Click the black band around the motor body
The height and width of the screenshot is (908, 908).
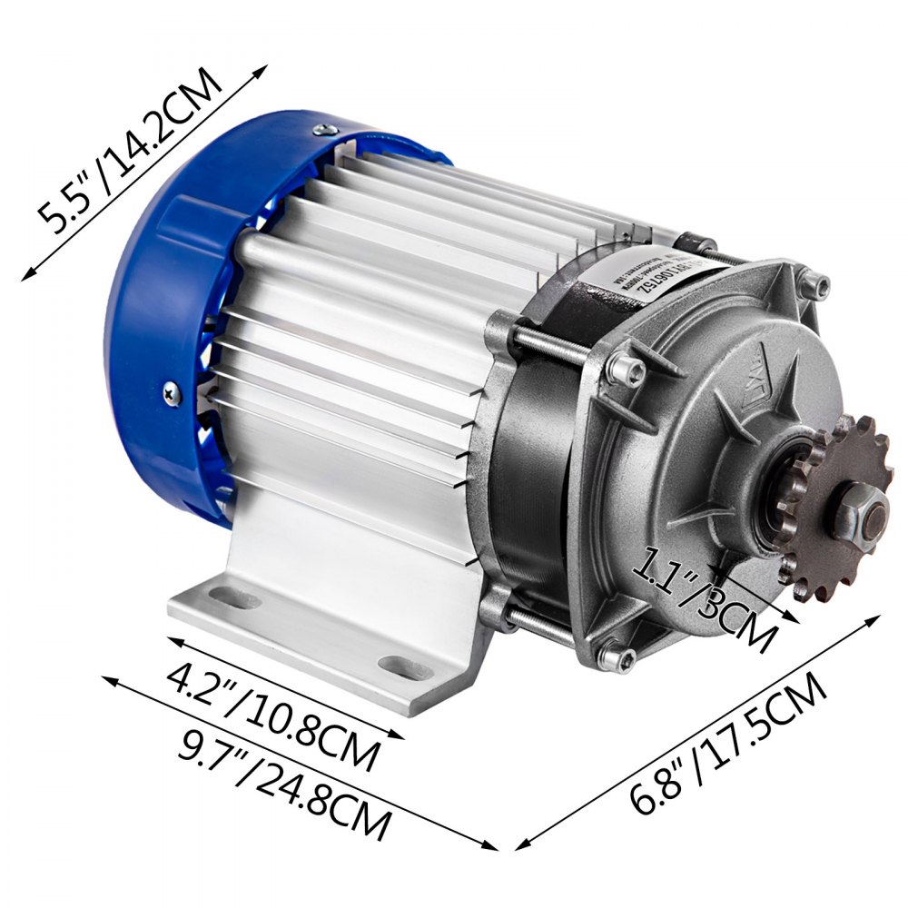pos(527,454)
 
